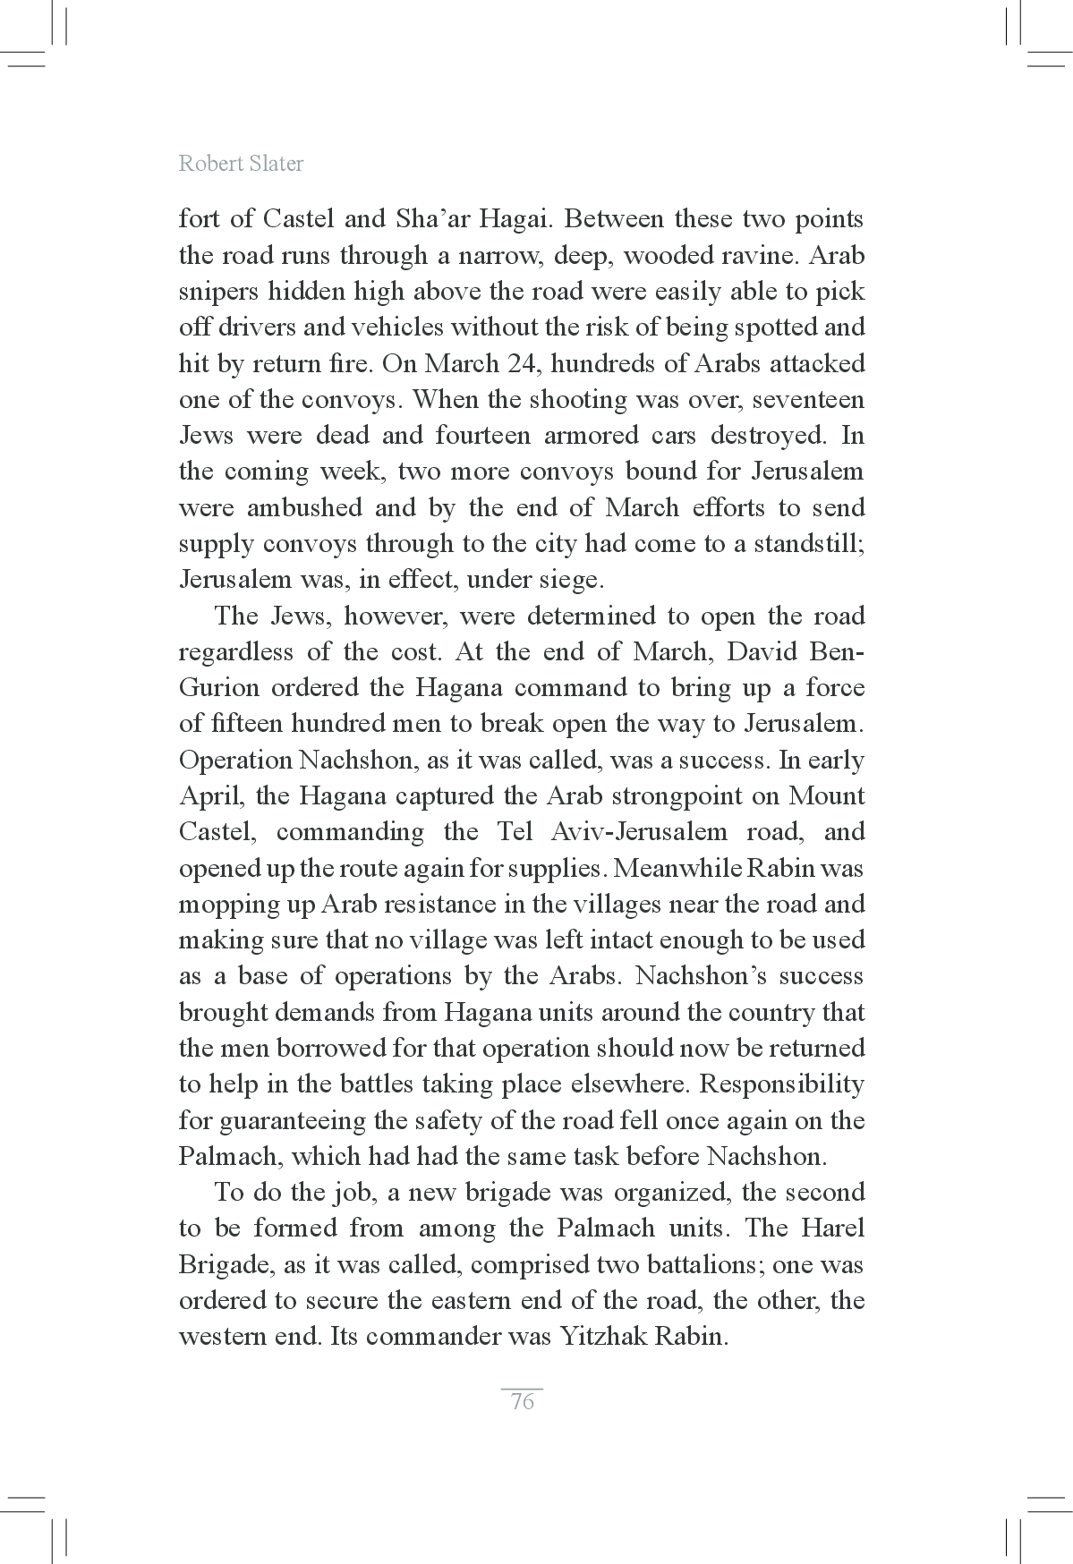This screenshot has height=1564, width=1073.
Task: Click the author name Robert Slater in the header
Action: coord(241,164)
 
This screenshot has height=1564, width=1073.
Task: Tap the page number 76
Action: coord(522,1401)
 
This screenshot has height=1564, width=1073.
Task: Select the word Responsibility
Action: coord(781,1084)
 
